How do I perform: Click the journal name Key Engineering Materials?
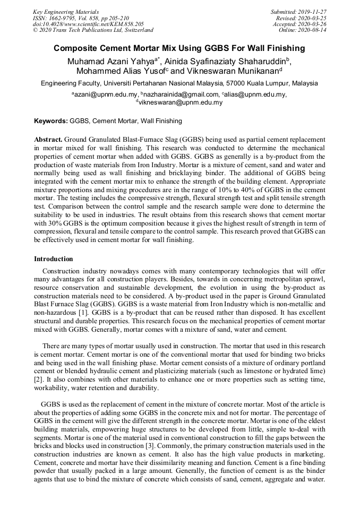point(65,11)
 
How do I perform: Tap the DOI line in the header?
point(88,24)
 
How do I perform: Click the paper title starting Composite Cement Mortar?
point(179,48)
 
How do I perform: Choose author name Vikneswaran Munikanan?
point(238,71)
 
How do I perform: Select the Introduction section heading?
point(54,259)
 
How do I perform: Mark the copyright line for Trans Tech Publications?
point(93,30)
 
